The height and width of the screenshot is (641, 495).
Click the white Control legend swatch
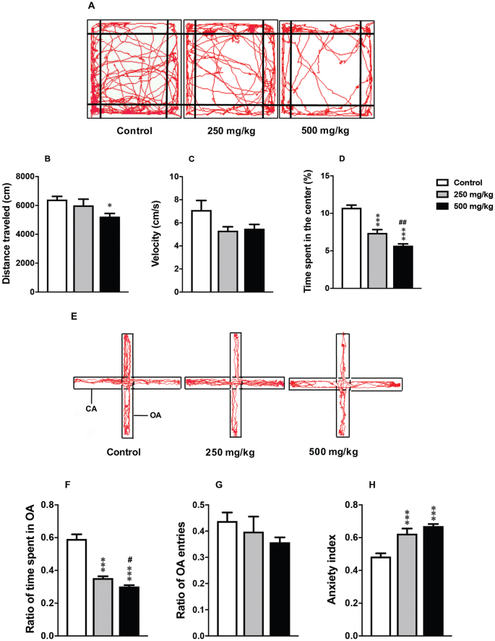click(447, 183)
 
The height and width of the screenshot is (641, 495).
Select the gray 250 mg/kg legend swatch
click(447, 195)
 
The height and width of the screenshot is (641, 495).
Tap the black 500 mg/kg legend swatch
click(447, 206)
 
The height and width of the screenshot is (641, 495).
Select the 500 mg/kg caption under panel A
click(325, 131)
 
